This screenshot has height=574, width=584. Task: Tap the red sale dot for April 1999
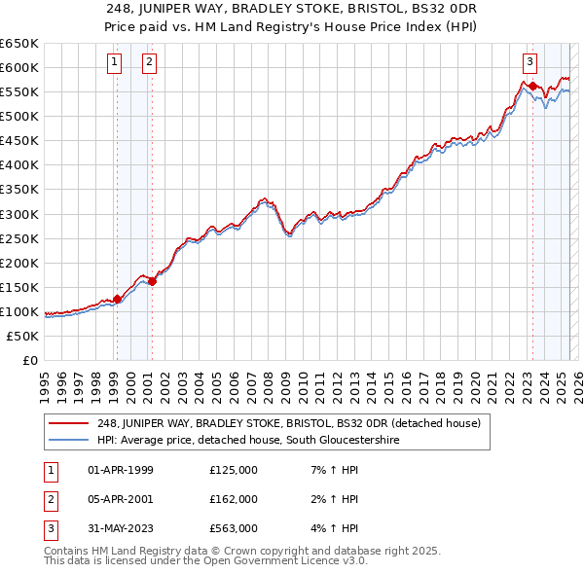pos(117,299)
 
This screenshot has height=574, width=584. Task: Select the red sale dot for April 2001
pos(152,281)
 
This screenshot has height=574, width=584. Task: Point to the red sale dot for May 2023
pos(532,86)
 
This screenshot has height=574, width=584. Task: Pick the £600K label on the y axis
pos(19,67)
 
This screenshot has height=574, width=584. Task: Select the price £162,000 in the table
pos(234,499)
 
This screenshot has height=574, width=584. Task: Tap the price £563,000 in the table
pos(234,528)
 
